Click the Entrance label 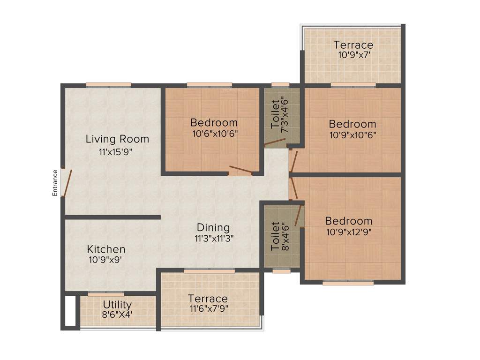[x=55, y=182]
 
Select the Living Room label [x=117, y=139]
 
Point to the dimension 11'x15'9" [x=117, y=151]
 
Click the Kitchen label [x=106, y=249]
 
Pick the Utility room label [x=117, y=305]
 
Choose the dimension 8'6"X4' [x=117, y=315]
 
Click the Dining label [x=213, y=228]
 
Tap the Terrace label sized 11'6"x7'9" [x=208, y=299]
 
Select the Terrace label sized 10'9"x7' [x=353, y=45]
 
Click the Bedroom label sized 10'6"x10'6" [x=214, y=123]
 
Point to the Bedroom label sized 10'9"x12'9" [x=349, y=221]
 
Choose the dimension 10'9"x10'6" [x=352, y=134]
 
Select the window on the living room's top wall [x=109, y=85]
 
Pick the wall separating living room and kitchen [x=112, y=217]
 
